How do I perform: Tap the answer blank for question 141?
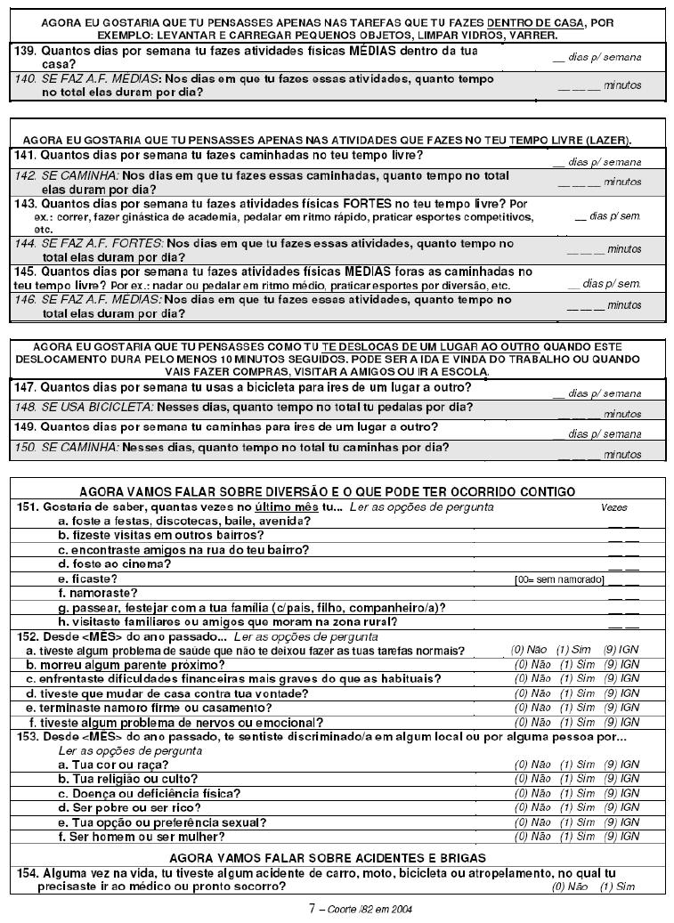pos(558,162)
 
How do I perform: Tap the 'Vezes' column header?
pos(614,507)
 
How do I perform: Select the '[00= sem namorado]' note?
pos(559,579)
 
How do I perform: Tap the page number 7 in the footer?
pos(312,909)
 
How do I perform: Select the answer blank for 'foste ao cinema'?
pos(623,567)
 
